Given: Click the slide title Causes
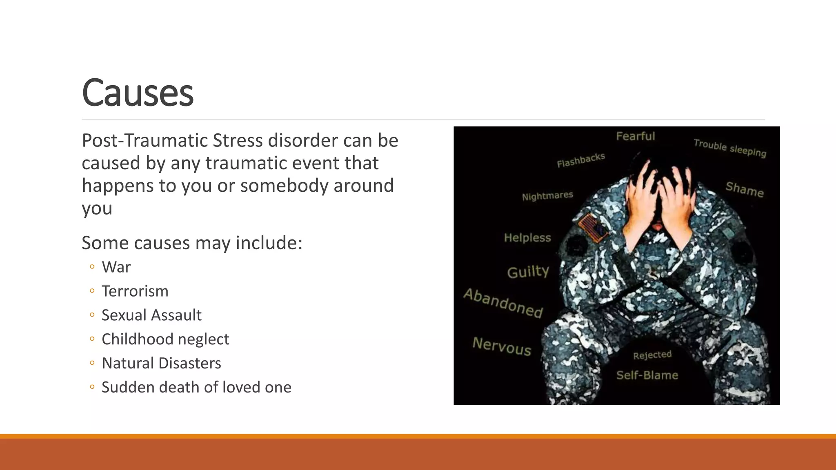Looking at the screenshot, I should (x=138, y=93).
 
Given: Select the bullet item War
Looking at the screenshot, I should (x=116, y=267).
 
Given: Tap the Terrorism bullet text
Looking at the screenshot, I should (x=135, y=291).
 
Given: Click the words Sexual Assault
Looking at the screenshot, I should (x=151, y=315).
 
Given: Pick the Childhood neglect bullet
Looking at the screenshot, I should (x=165, y=339).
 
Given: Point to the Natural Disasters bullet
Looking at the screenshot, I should (x=161, y=364).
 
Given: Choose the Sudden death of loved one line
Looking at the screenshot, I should (x=196, y=388).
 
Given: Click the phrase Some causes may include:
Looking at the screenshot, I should (x=192, y=243).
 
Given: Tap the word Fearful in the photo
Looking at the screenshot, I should (x=635, y=136).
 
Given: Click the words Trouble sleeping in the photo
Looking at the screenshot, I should (x=730, y=148).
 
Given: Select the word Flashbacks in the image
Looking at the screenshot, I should (x=581, y=160).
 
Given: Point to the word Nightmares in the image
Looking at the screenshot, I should (x=547, y=196).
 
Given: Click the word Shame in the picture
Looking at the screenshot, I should (x=745, y=189).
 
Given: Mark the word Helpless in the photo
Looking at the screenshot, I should (x=527, y=238).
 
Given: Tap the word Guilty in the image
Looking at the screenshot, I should (x=528, y=272).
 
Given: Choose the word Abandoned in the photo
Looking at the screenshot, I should (x=503, y=303).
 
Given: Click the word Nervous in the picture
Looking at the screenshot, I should (x=502, y=346).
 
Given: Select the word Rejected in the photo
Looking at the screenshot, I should (x=652, y=355).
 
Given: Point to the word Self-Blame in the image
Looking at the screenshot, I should (x=647, y=375).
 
